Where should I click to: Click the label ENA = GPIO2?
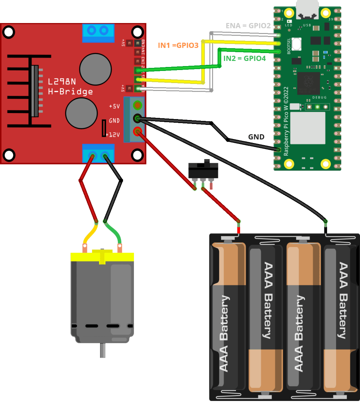point(248,26)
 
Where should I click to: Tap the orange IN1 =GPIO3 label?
point(178,45)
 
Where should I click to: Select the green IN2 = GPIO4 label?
point(244,58)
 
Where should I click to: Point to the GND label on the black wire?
point(256,137)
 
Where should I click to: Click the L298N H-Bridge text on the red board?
point(70,87)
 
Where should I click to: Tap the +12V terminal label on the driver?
point(113,135)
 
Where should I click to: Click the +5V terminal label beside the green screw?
point(114,106)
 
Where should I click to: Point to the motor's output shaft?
point(103,350)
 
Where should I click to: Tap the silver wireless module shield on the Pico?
point(307,128)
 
